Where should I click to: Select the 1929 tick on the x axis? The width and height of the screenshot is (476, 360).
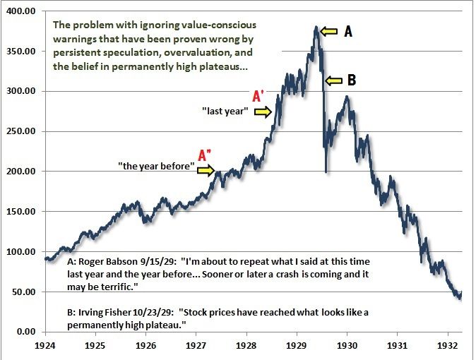[x=297, y=347]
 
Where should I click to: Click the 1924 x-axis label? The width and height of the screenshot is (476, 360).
[x=45, y=347]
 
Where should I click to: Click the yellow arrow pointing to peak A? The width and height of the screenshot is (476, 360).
[x=328, y=30]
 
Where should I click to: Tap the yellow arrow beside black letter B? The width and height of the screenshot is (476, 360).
[x=332, y=80]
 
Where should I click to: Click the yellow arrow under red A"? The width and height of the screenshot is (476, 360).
[x=206, y=169]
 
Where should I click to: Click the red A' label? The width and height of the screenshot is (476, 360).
[x=259, y=96]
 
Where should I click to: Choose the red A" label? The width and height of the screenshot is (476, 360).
[x=205, y=155]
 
